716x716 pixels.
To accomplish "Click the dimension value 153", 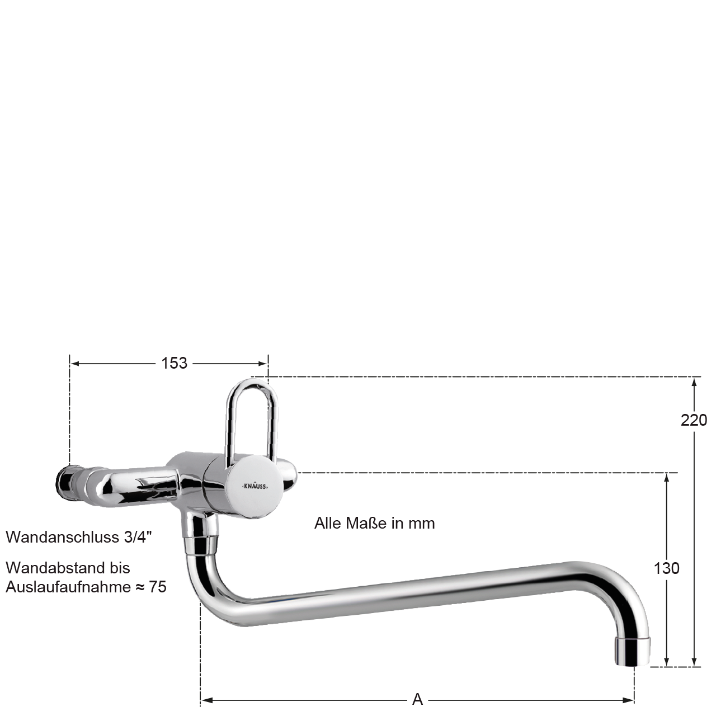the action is pos(175,364).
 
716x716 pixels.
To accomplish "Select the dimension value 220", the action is pos(694,420).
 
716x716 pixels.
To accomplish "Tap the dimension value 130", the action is pos(667,568).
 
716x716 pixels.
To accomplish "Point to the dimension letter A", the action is pos(417,700).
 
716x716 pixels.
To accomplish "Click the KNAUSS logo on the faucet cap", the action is pos(255,486).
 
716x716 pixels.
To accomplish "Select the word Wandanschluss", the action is pos(63,537).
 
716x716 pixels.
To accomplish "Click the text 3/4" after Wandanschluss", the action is pos(138,537).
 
